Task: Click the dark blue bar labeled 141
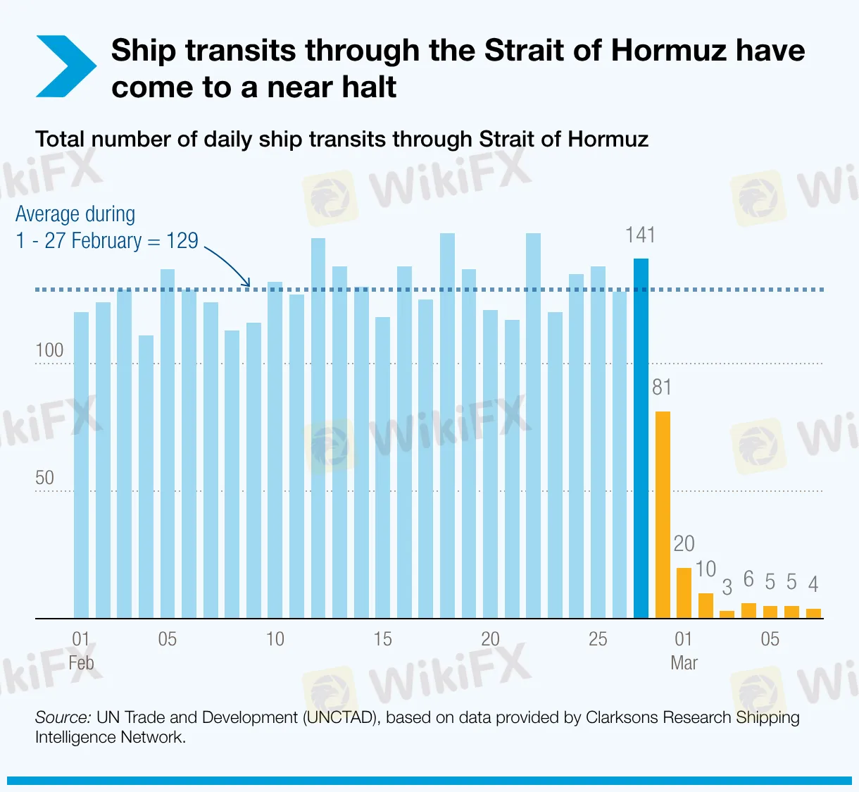[x=641, y=438]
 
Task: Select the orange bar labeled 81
[x=663, y=514]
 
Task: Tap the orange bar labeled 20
[x=684, y=593]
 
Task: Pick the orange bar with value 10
[x=706, y=605]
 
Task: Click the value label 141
[x=640, y=235]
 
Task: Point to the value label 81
[x=662, y=387]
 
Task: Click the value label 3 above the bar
[x=727, y=587]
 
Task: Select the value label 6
[x=748, y=579]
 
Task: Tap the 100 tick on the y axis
[x=49, y=350]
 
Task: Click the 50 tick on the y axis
[x=44, y=478]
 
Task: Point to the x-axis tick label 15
[x=382, y=639]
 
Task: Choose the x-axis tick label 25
[x=598, y=639]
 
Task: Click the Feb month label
[x=81, y=663]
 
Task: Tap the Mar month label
[x=684, y=663]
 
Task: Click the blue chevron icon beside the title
[x=65, y=66]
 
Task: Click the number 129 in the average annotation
[x=182, y=241]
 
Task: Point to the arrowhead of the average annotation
[x=246, y=283]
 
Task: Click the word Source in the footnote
[x=63, y=717]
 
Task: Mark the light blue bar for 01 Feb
[x=81, y=465]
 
